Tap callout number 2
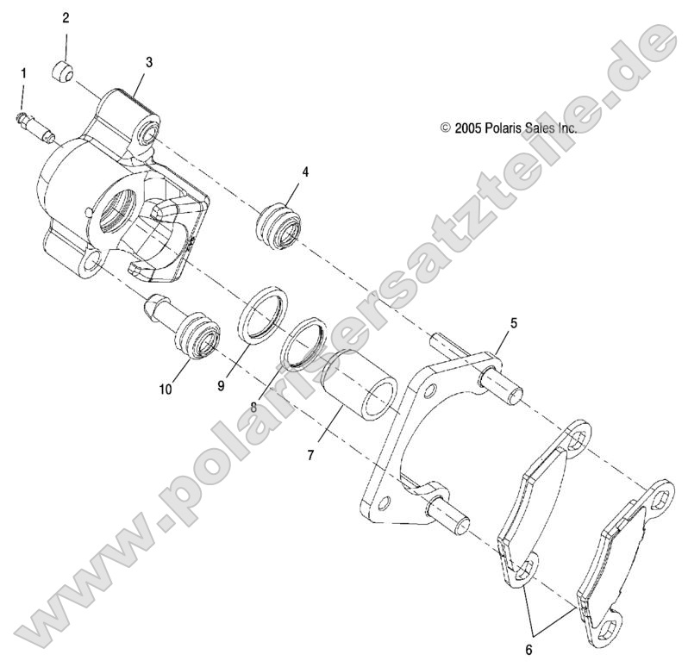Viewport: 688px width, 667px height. pos(66,17)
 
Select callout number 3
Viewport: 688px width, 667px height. pos(148,62)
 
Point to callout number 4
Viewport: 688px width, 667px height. pos(304,171)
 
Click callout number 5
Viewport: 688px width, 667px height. pos(513,323)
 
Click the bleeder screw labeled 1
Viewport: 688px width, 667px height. pos(34,125)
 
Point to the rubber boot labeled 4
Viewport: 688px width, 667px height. pos(281,226)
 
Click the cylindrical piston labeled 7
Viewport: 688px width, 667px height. pos(357,383)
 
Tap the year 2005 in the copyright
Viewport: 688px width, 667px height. pos(467,128)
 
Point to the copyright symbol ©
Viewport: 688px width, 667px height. pos(446,128)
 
